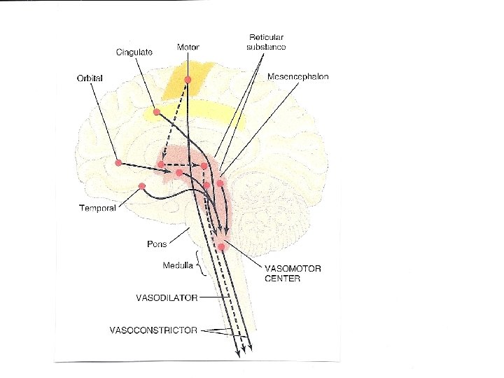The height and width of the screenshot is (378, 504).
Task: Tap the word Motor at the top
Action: click(x=188, y=47)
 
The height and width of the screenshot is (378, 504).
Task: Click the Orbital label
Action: click(x=90, y=78)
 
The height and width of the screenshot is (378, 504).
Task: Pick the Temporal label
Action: click(x=98, y=208)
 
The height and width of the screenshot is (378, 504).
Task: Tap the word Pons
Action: click(x=157, y=244)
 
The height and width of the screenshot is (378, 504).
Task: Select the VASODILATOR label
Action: click(x=167, y=297)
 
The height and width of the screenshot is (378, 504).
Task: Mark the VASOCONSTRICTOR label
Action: click(x=153, y=329)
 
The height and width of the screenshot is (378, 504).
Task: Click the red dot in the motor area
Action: click(x=188, y=80)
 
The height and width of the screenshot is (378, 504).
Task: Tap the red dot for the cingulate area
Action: click(x=157, y=112)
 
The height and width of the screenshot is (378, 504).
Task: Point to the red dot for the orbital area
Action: click(x=118, y=162)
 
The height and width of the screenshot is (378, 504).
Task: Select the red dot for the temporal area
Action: click(x=141, y=185)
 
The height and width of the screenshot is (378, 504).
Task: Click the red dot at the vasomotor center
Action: click(x=221, y=246)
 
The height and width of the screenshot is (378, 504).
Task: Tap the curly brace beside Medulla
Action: click(x=200, y=265)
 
